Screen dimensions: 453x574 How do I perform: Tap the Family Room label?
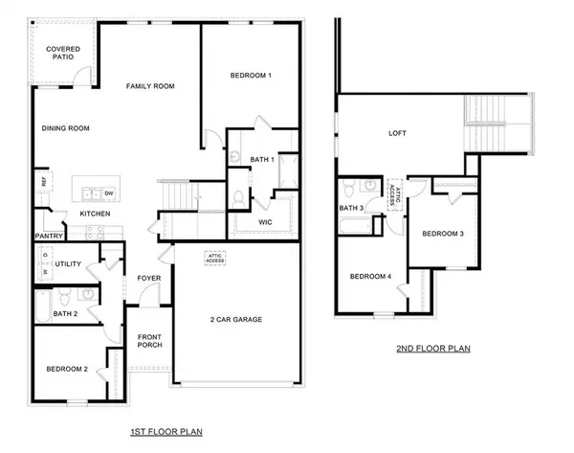(x=150, y=86)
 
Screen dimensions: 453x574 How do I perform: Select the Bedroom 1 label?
(x=251, y=75)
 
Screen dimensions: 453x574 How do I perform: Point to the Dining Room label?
(x=65, y=127)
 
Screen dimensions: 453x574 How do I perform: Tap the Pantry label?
(x=48, y=235)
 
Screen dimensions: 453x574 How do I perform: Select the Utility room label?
(x=68, y=264)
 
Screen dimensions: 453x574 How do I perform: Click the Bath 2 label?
(x=65, y=313)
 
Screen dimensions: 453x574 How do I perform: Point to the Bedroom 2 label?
(x=67, y=368)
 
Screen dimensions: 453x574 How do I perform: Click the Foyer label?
(x=149, y=279)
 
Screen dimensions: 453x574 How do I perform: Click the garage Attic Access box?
(x=213, y=259)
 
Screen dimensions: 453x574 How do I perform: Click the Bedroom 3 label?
(x=443, y=234)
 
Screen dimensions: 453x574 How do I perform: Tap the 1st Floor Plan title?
(x=166, y=432)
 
